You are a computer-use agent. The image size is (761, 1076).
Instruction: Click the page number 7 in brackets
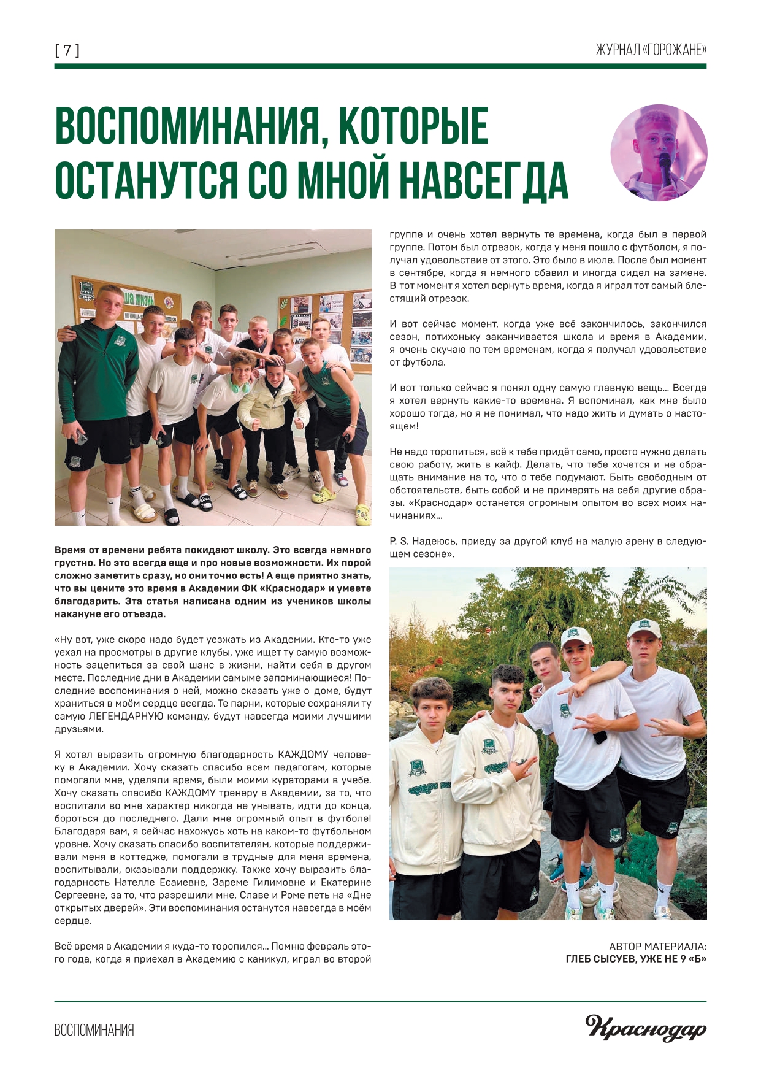pos(67,50)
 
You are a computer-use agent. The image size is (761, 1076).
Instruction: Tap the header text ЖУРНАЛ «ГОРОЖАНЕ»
pos(651,50)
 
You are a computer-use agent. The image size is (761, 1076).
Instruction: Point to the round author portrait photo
pos(659,153)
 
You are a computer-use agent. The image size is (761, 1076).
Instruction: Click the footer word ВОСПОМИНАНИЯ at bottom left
pos(94,1030)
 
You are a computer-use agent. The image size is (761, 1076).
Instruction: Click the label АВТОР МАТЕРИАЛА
pos(657,947)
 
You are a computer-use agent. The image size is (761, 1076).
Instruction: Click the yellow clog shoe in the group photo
pos(362,514)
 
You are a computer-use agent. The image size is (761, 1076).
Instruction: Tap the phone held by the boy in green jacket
pos(80,437)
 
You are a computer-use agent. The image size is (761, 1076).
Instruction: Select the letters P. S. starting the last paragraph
pos(399,541)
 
